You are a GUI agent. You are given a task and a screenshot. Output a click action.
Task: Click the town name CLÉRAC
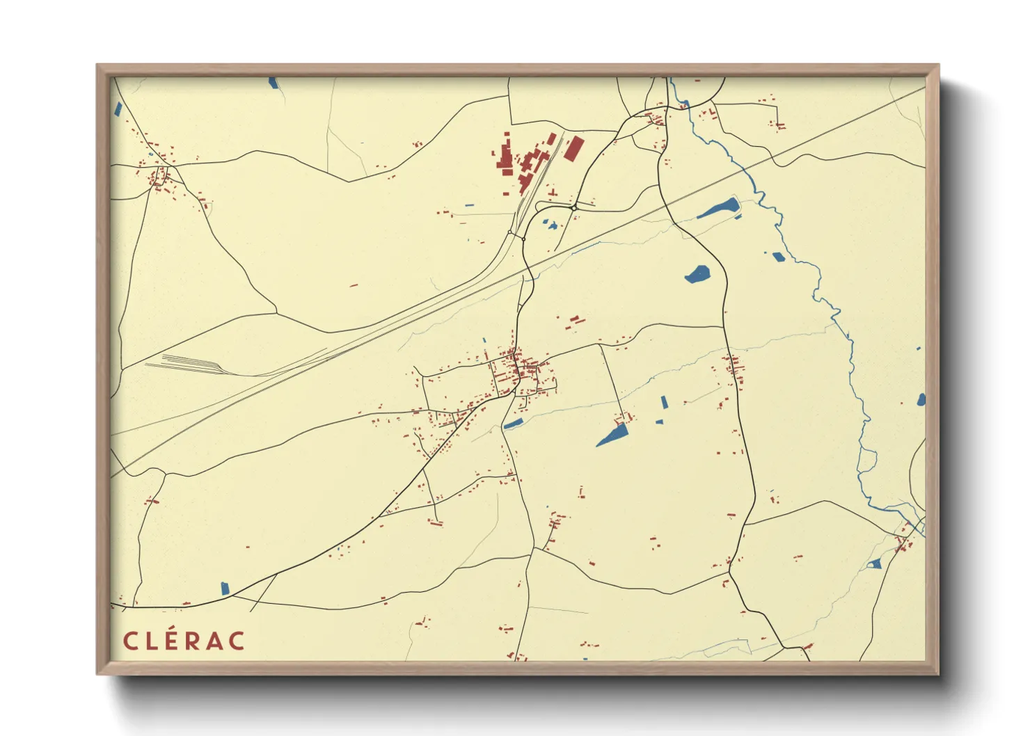coord(184,641)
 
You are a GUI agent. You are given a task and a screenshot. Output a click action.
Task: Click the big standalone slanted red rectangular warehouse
coord(574,149)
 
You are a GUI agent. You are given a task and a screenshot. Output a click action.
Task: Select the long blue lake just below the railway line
coord(718,208)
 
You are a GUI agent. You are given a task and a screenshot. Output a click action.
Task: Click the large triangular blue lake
coord(613,436)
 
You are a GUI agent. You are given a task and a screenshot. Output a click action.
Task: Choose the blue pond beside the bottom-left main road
coord(225,589)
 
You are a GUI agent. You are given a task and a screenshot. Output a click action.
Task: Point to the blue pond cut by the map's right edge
coord(921,399)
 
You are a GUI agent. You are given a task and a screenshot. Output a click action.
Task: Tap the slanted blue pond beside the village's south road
coord(513,424)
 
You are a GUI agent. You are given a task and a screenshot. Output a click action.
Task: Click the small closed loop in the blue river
coord(867,460)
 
